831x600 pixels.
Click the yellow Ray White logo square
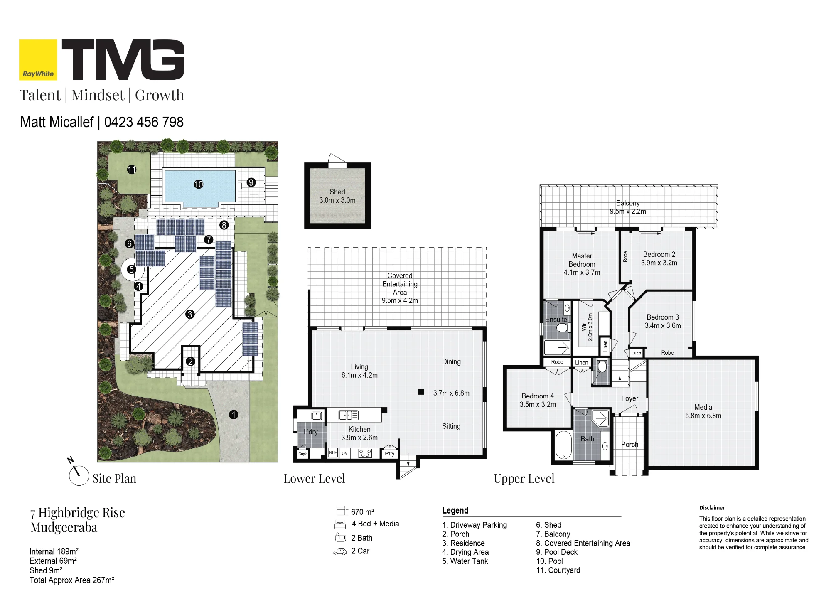click(38, 60)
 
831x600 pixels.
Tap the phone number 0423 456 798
click(144, 122)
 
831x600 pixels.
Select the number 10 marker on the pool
click(199, 184)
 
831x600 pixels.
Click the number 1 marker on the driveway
click(234, 414)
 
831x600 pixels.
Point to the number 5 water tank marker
click(132, 269)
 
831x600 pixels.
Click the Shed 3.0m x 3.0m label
click(337, 196)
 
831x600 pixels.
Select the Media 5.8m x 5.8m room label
click(703, 411)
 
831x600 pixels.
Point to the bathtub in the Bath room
click(563, 445)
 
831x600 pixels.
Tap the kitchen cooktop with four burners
click(365, 453)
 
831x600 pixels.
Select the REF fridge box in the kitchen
click(333, 453)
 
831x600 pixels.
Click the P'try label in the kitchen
click(389, 454)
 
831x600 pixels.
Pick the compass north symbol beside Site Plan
click(78, 473)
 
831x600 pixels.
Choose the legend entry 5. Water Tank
click(465, 561)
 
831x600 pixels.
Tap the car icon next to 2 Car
click(340, 552)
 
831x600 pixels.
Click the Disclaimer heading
click(712, 508)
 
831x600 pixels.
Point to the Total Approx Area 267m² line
click(72, 580)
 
